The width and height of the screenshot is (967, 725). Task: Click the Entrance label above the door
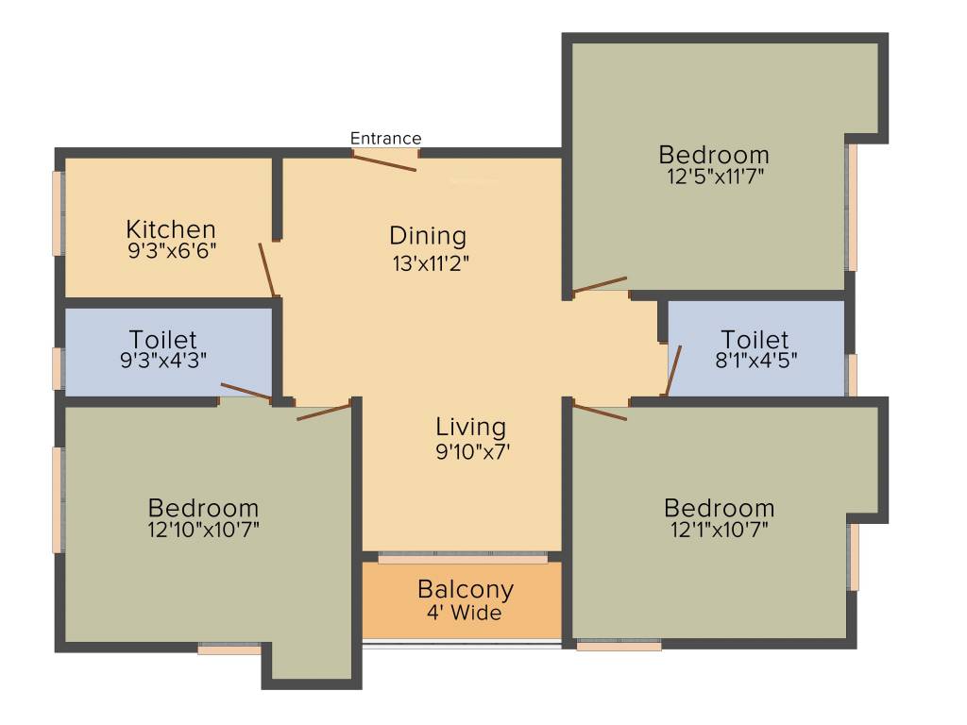click(x=385, y=139)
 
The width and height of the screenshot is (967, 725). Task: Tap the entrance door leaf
click(x=384, y=161)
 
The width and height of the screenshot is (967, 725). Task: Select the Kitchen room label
click(x=171, y=229)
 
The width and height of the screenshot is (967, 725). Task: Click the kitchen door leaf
click(x=267, y=270)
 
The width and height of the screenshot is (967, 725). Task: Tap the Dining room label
click(x=428, y=235)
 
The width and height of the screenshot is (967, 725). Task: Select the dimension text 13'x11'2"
click(x=431, y=263)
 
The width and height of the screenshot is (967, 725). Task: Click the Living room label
click(x=470, y=427)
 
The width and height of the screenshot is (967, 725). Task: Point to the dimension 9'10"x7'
click(x=472, y=452)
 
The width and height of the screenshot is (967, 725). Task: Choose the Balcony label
click(x=466, y=589)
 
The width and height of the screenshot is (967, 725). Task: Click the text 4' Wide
click(x=464, y=614)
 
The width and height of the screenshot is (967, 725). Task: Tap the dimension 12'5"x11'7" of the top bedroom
click(x=713, y=176)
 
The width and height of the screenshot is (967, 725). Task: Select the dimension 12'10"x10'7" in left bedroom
click(x=203, y=530)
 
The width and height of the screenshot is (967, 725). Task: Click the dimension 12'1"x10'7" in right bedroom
click(x=719, y=530)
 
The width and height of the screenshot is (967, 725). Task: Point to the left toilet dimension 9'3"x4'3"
click(x=163, y=360)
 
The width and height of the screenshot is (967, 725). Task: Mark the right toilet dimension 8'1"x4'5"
click(x=754, y=360)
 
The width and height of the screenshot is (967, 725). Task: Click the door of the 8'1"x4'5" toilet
click(x=672, y=370)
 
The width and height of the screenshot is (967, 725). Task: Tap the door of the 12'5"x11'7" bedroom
click(x=600, y=284)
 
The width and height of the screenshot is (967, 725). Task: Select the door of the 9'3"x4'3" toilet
click(x=246, y=392)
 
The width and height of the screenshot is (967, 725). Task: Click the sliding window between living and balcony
click(x=463, y=559)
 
